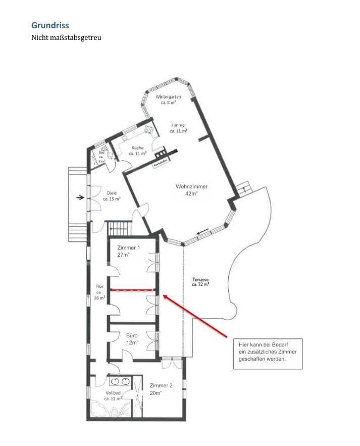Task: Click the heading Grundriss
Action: [x=50, y=25]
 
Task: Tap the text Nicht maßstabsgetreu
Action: [x=66, y=37]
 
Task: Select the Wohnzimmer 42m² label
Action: [x=191, y=189]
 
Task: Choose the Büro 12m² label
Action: [x=132, y=338]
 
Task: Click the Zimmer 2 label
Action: [x=161, y=388]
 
